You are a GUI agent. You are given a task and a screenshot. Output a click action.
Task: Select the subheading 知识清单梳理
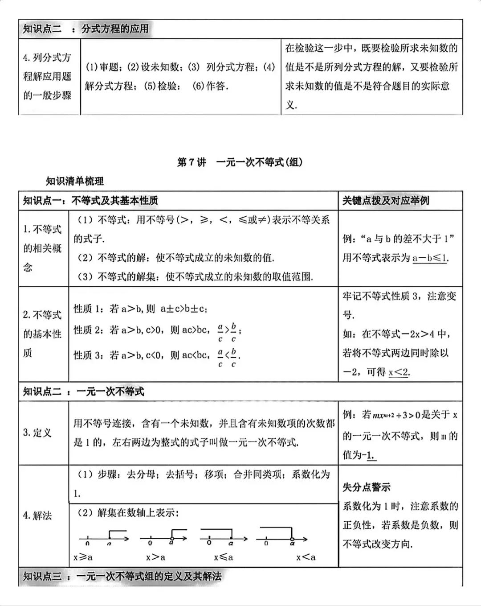coord(75,181)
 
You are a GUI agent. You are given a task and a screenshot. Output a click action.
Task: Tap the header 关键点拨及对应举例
coord(385,201)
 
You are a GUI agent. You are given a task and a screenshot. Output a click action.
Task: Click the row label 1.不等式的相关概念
coord(42,248)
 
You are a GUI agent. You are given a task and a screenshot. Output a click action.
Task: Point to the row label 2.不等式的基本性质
coord(42,334)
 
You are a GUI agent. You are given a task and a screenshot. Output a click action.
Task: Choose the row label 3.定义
coord(37,433)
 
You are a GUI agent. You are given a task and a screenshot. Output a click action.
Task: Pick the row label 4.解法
coord(37,516)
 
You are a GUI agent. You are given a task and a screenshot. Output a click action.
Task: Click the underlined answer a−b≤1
coord(430,258)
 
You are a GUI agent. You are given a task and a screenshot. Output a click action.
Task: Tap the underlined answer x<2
coord(398,372)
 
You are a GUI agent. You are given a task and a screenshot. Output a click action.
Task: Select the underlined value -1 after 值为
coord(369,455)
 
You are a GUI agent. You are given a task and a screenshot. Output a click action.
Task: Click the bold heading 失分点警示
coord(366,487)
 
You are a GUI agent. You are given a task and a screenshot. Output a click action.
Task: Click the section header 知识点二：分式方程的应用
coord(86,29)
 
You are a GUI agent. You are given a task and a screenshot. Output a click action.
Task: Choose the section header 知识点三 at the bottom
coord(122,577)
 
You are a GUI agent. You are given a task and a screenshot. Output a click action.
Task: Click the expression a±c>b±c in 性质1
coord(184,309)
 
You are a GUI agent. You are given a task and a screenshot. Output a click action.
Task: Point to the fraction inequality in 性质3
coord(227,356)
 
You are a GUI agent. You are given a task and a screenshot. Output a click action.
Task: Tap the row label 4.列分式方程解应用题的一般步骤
coord(47,76)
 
